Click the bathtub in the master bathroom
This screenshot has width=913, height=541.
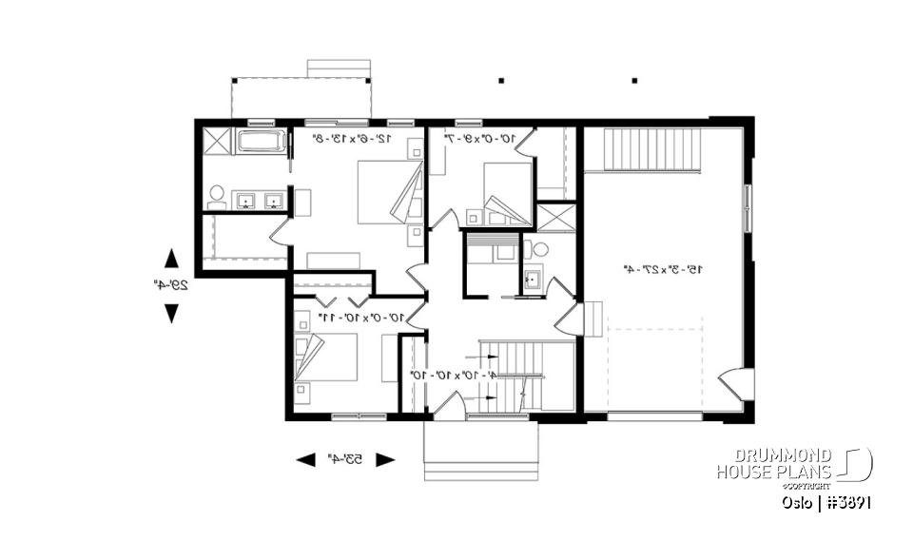[x=260, y=143]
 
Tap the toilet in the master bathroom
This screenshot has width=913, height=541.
[x=216, y=196]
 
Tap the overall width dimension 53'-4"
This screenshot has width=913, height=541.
[x=345, y=460]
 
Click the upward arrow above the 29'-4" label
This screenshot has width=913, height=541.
[x=171, y=258]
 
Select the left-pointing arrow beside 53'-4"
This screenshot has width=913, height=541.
[x=305, y=460]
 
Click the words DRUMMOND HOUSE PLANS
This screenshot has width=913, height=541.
[x=774, y=464]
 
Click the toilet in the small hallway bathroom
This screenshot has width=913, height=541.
[x=539, y=250]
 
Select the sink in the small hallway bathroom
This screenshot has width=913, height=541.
[x=532, y=280]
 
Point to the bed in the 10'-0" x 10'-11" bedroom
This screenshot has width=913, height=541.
[x=326, y=357]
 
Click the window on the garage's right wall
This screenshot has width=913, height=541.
[x=747, y=210]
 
